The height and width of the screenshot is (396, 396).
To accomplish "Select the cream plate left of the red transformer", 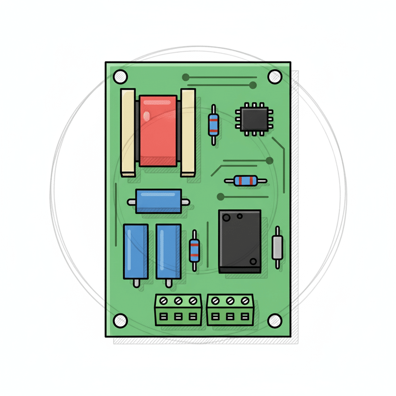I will (x=128, y=132).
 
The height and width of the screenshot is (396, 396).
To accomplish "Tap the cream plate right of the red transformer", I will (x=188, y=132).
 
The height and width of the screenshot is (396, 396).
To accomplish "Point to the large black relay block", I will (x=240, y=241).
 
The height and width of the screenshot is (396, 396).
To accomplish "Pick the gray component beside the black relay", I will (x=277, y=247).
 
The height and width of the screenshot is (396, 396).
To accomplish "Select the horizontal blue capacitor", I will (x=159, y=201).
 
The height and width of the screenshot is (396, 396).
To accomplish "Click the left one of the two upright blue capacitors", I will (x=135, y=251).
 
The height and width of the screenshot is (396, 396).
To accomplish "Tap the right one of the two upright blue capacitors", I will (x=168, y=251).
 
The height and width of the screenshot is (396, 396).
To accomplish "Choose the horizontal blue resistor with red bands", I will (x=246, y=181).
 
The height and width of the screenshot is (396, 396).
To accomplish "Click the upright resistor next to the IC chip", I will (x=213, y=125).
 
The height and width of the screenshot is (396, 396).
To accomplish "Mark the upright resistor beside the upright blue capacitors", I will (x=194, y=250).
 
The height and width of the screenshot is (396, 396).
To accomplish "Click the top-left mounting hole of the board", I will (x=120, y=76).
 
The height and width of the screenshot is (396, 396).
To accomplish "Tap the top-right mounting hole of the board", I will (x=275, y=76).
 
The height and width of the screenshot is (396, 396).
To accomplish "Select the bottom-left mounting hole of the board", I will (x=120, y=320).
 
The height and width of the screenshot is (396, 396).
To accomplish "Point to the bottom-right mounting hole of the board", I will (x=275, y=320).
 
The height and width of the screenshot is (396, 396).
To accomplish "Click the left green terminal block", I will (x=178, y=309).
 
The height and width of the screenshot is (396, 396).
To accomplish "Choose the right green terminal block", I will (x=230, y=309).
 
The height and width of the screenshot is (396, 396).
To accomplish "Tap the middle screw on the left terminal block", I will (x=178, y=300).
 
